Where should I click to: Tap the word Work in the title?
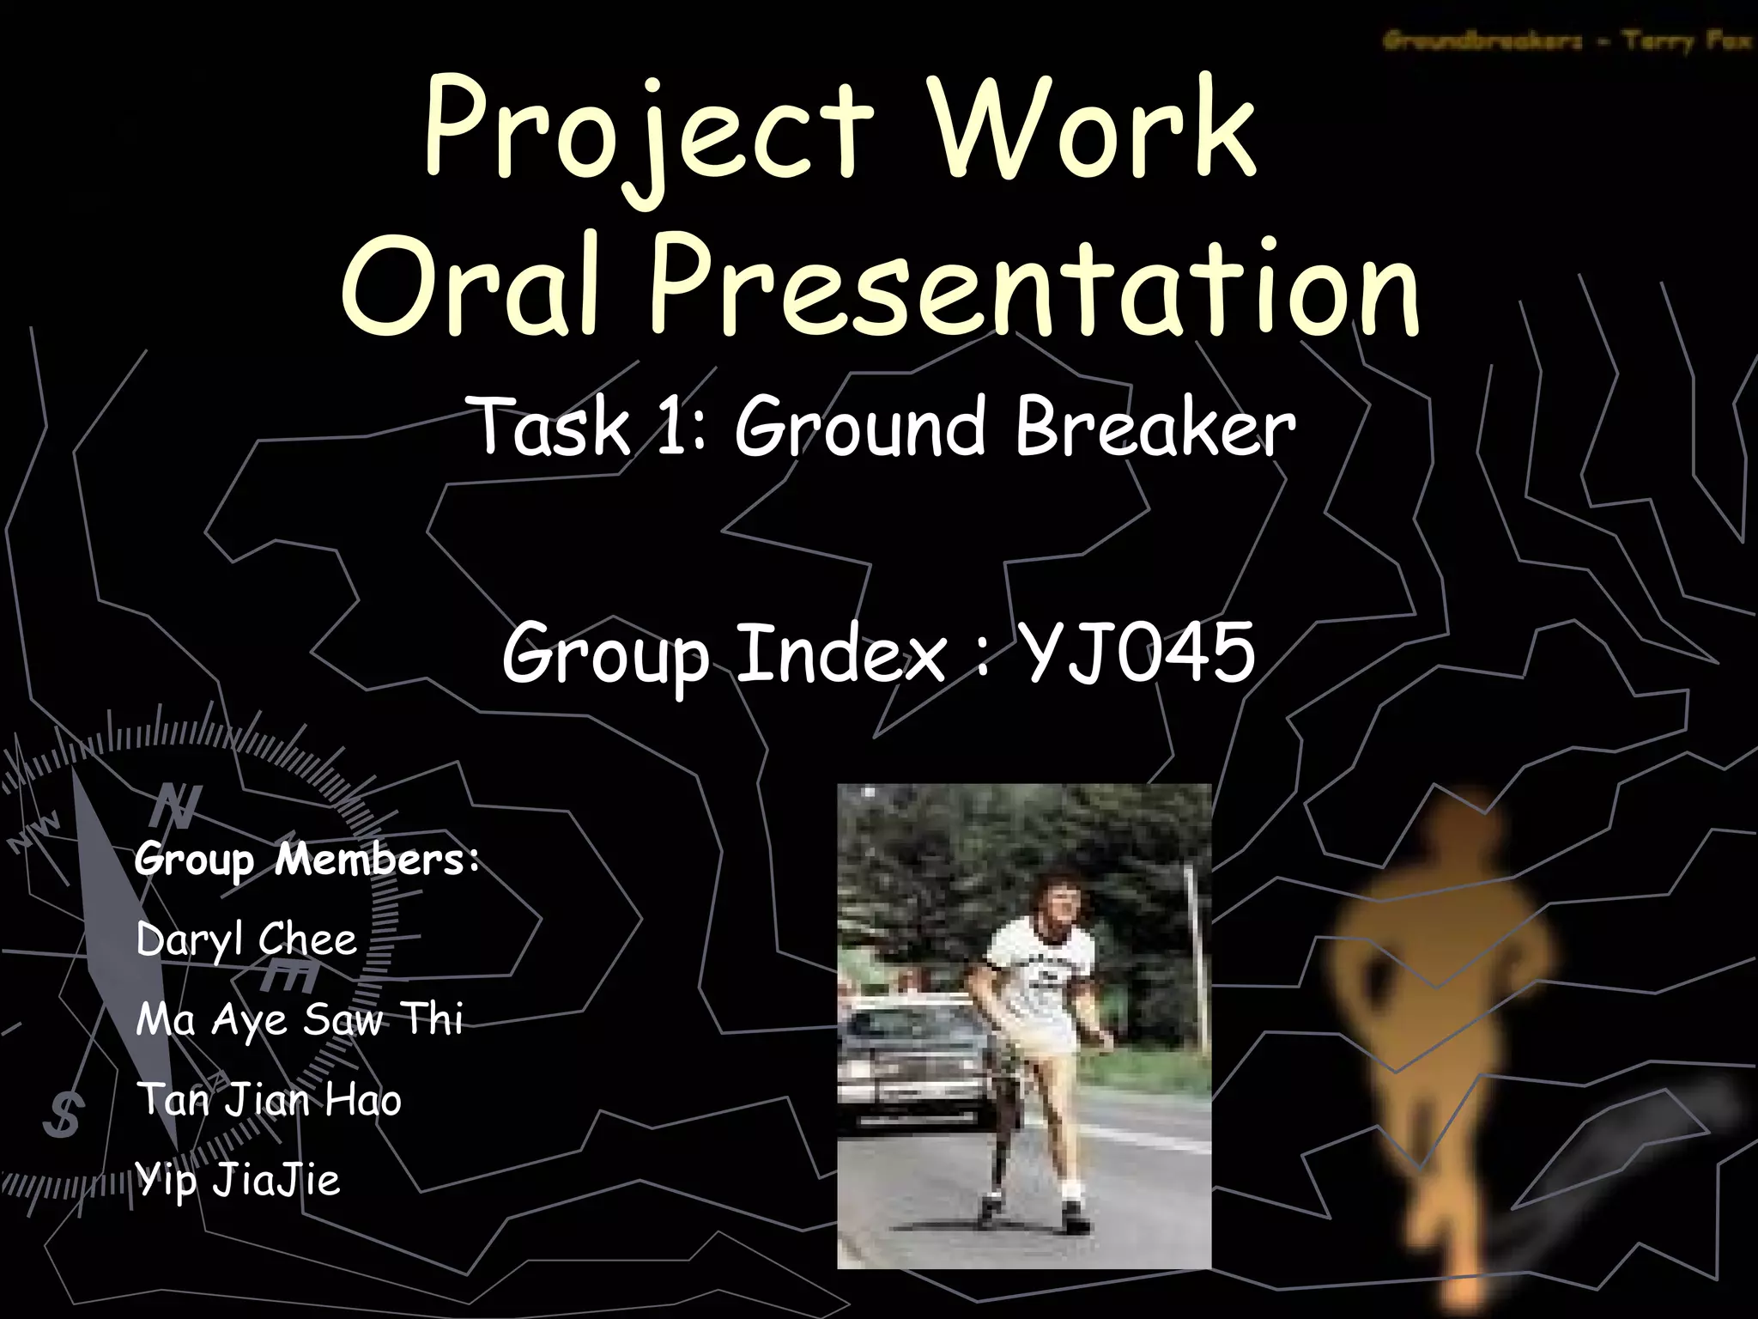[x=1094, y=129]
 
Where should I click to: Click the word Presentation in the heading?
[x=1034, y=288]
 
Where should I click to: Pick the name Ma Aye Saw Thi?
[x=299, y=1020]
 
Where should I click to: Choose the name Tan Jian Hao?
[x=269, y=1100]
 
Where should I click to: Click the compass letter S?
[x=64, y=1115]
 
